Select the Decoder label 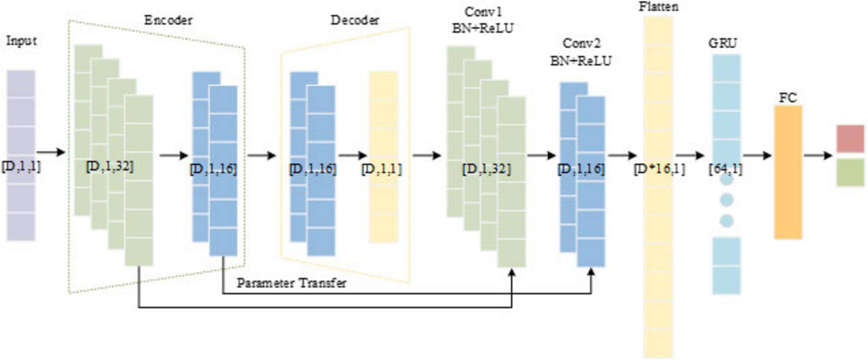point(355,20)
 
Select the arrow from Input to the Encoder point(50,152)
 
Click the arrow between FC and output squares point(818,155)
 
